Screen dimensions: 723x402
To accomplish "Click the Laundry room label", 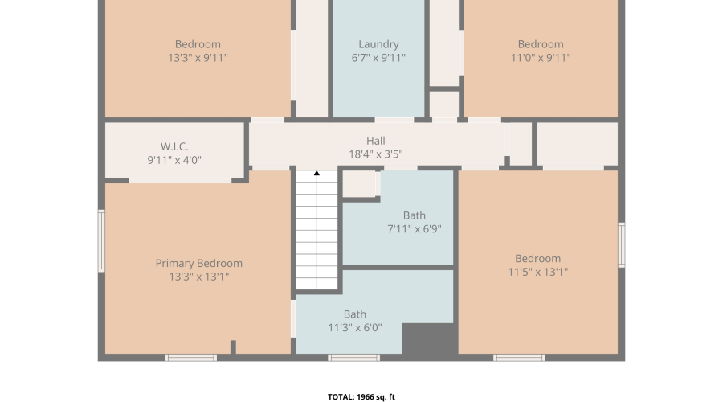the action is point(378,44).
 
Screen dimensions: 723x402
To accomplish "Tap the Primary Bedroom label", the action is point(198,264).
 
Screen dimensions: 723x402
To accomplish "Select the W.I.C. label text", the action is point(174,147).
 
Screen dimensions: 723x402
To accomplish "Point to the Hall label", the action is point(376,141).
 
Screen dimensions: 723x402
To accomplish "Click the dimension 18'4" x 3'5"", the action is point(376,154).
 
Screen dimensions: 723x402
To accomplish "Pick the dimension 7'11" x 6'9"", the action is point(415,228).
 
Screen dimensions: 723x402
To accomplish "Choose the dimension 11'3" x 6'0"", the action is point(355,328).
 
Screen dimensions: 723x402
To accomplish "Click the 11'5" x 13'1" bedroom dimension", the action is point(538,272).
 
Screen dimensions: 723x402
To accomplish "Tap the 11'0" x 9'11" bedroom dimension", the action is point(541,58).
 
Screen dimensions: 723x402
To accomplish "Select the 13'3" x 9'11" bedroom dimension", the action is point(198,58).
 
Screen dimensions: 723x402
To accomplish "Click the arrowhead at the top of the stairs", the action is point(317,173).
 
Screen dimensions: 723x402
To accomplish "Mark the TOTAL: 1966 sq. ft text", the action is point(361,397).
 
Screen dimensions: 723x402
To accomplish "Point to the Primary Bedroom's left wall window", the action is point(101,240).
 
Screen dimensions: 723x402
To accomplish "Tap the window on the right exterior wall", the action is point(622,245).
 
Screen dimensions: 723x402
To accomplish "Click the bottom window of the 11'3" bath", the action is point(354,358).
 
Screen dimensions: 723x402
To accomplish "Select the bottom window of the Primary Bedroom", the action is point(191,358).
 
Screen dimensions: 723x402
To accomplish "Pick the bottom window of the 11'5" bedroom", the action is point(519,358).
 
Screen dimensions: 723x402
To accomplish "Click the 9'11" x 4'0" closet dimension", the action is point(174,160).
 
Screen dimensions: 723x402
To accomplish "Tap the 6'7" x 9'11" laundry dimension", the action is point(378,58).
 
